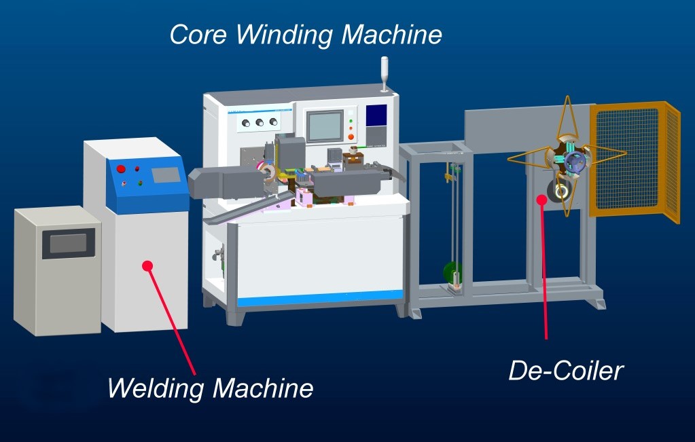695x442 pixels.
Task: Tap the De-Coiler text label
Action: point(565,371)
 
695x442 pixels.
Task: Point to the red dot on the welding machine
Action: point(147,265)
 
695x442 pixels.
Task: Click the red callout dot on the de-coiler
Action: point(541,199)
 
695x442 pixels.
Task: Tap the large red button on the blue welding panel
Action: point(122,169)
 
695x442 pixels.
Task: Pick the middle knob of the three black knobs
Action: point(259,122)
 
